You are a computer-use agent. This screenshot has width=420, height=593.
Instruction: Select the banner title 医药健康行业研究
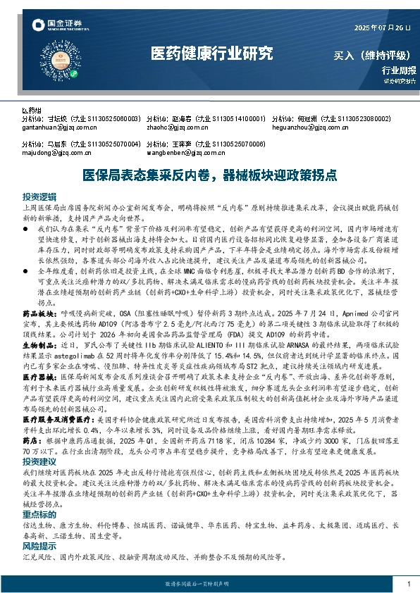pos(211,54)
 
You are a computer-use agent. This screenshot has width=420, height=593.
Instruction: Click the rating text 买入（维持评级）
pos(374,54)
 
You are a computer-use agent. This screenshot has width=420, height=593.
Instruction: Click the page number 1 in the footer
pos(409,584)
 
